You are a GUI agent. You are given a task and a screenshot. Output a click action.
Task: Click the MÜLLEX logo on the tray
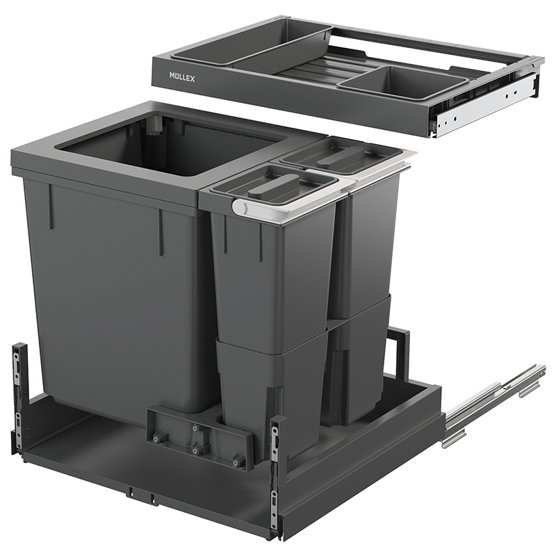click(x=182, y=76)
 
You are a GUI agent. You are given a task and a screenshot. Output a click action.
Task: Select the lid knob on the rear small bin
click(x=341, y=155)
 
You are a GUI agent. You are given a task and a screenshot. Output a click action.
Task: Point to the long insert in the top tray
click(x=252, y=44)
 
